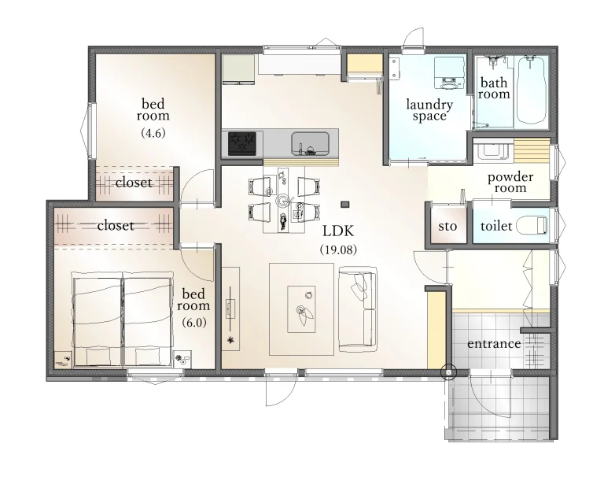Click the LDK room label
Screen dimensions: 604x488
click(x=338, y=231)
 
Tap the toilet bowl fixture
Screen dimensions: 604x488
click(x=532, y=225)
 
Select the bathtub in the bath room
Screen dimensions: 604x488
click(x=532, y=90)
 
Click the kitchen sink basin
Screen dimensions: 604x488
click(x=310, y=143)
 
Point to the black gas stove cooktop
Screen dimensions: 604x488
click(x=242, y=143)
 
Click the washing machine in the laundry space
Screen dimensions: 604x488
click(x=449, y=73)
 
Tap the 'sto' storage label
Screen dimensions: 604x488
click(x=447, y=226)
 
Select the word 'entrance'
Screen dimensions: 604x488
click(x=494, y=343)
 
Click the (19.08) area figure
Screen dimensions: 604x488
click(x=339, y=250)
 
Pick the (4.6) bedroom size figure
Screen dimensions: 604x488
click(x=153, y=133)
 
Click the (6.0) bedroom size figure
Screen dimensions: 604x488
click(x=194, y=322)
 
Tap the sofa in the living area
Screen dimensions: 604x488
click(x=358, y=309)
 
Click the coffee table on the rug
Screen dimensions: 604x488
click(x=302, y=309)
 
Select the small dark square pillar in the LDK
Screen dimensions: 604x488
click(x=345, y=204)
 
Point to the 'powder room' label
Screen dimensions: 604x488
click(x=510, y=183)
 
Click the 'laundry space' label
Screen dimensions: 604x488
click(x=429, y=110)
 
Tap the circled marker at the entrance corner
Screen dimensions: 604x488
click(x=449, y=372)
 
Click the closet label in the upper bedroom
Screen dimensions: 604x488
click(x=134, y=183)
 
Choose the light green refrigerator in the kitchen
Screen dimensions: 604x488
click(x=239, y=69)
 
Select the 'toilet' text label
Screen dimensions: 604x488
click(x=496, y=225)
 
